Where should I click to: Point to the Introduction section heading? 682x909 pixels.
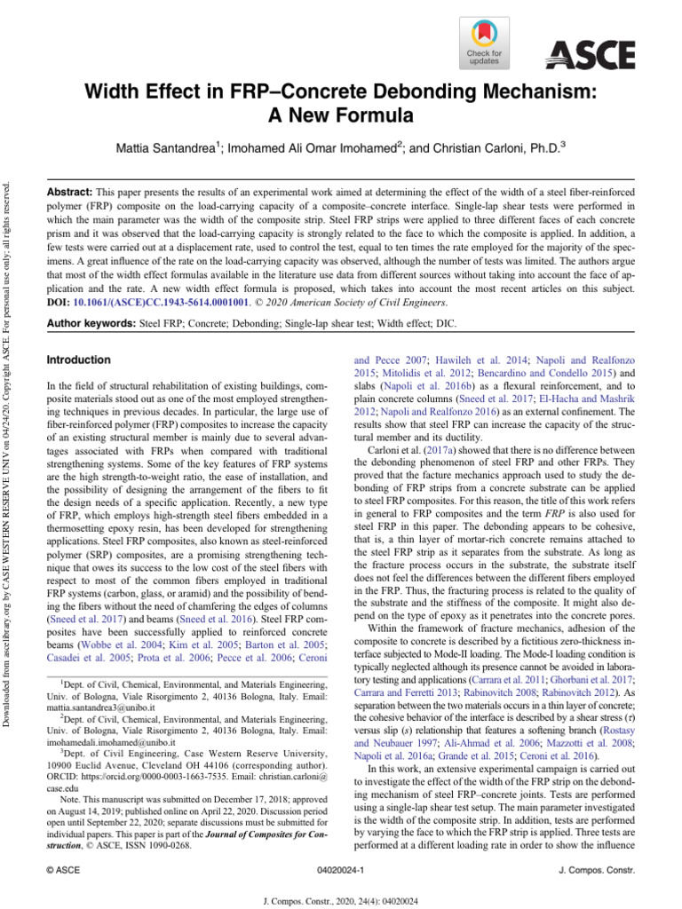click(78, 360)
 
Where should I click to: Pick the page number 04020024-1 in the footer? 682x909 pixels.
click(340, 873)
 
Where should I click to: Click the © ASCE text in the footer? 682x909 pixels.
click(64, 873)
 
